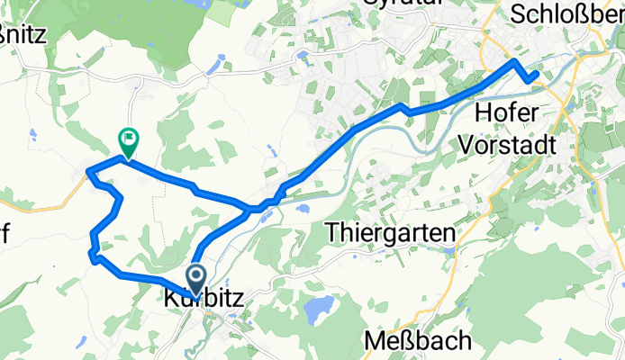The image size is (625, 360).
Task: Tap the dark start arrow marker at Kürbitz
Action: click(x=196, y=275)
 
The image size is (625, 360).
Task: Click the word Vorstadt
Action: click(x=510, y=143)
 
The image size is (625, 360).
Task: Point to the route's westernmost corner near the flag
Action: click(x=86, y=170)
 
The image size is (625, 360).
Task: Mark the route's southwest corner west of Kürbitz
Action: click(x=92, y=256)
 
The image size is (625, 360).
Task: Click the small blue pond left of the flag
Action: click(x=32, y=135)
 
